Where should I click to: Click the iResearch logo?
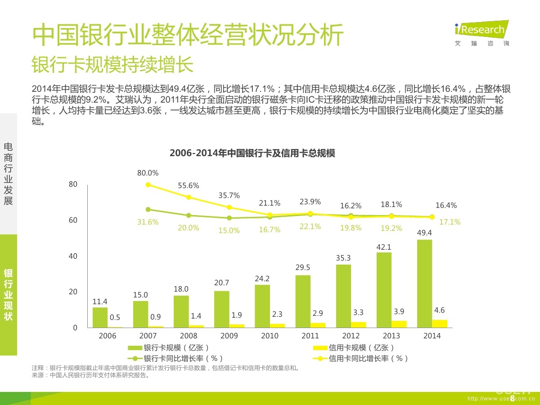(x=481, y=33)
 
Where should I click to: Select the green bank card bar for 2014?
(x=424, y=283)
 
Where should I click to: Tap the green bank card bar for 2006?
(x=100, y=317)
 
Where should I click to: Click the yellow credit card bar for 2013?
(x=399, y=324)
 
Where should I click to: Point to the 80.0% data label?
(x=148, y=173)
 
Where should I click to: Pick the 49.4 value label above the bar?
(x=424, y=233)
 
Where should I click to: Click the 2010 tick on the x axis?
(x=270, y=336)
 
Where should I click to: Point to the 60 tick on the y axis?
(x=73, y=220)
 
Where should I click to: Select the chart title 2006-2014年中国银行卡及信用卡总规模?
(x=252, y=153)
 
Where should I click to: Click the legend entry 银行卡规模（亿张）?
(x=169, y=347)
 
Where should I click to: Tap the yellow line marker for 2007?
(x=148, y=184)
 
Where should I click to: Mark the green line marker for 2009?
(x=229, y=218)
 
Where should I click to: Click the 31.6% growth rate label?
(x=148, y=222)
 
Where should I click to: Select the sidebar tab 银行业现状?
(x=8, y=295)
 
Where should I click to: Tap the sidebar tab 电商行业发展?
(x=8, y=174)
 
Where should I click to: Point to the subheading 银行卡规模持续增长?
(x=112, y=65)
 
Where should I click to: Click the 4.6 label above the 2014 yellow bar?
(x=440, y=310)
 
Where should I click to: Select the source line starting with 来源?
(x=90, y=375)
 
